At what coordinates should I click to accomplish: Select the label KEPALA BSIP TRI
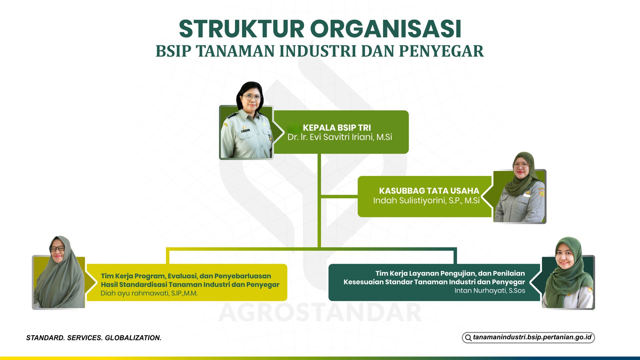(x=337, y=128)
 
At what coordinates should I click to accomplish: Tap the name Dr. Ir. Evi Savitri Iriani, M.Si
(x=340, y=137)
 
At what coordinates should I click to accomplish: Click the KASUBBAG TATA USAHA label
(x=429, y=191)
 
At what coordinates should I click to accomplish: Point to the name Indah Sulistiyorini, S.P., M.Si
(x=426, y=200)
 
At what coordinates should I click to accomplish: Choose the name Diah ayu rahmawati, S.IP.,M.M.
(x=149, y=293)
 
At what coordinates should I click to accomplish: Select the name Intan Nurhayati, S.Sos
(x=490, y=291)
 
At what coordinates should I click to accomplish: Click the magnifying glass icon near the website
(x=468, y=338)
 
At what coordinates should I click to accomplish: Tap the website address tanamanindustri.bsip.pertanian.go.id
(x=532, y=337)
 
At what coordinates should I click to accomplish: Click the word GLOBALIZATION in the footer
(x=133, y=338)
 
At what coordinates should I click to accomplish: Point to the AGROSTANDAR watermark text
(x=320, y=313)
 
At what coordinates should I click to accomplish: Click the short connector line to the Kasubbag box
(x=339, y=197)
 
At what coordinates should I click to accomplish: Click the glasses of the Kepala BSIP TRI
(x=252, y=98)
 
